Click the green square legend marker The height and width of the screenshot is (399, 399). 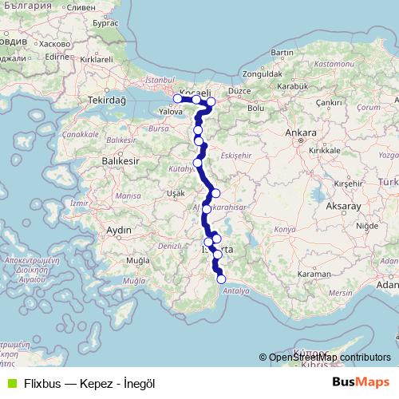point(11,383)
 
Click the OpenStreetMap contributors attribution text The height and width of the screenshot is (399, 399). point(330,358)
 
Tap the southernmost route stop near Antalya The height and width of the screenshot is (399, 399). point(222,279)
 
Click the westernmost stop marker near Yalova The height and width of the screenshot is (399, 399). point(177,98)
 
